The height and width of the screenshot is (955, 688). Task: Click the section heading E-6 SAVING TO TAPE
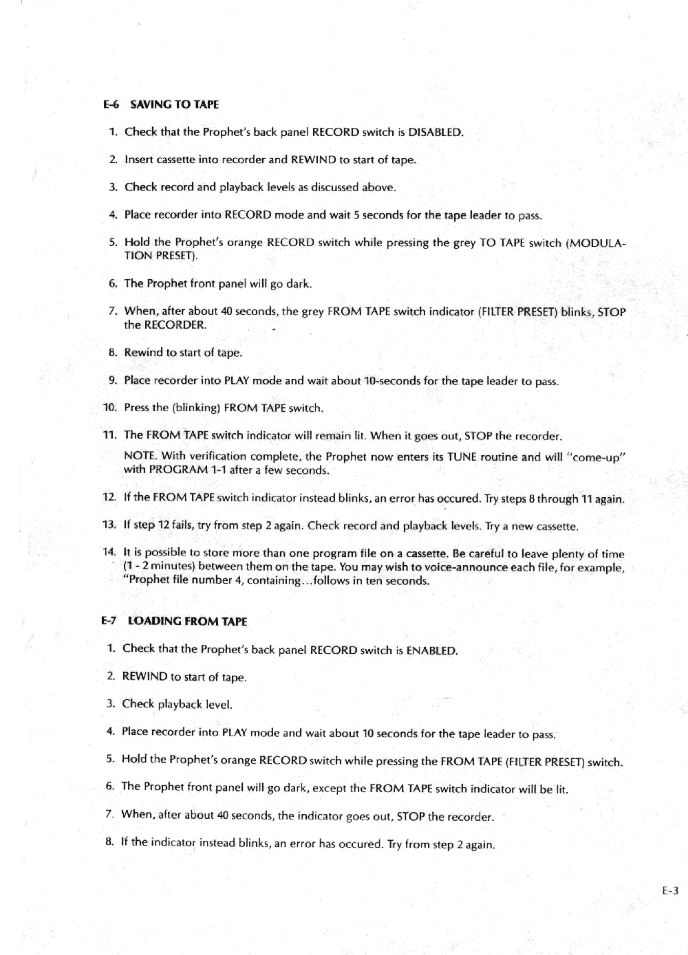click(x=161, y=105)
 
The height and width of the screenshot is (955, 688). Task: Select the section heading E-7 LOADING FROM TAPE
click(x=174, y=622)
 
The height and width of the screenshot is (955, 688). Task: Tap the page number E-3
click(x=670, y=891)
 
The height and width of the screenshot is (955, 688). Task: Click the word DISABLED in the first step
click(x=435, y=132)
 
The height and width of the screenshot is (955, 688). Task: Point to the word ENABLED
click(x=431, y=650)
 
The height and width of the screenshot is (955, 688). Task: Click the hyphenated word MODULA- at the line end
click(x=596, y=243)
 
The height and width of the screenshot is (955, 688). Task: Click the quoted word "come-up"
click(x=596, y=457)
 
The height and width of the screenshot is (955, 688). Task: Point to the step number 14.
click(x=109, y=552)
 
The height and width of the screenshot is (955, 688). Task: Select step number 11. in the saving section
click(x=109, y=435)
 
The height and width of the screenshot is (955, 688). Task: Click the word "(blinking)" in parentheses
click(x=196, y=408)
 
